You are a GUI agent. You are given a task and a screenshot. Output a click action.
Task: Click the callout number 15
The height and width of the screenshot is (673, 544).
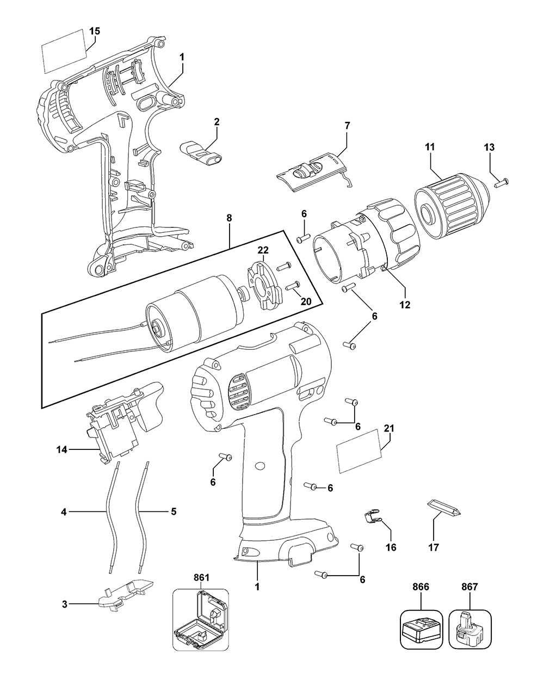coord(94,31)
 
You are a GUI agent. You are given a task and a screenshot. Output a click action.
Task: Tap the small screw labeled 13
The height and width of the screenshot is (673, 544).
coord(501,183)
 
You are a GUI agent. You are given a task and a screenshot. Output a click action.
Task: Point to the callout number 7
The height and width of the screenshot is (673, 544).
coord(347,125)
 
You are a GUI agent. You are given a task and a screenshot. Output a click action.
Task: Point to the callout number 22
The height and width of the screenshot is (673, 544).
coord(263,250)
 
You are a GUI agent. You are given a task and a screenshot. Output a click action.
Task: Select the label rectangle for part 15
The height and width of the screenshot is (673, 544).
coord(64,50)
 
